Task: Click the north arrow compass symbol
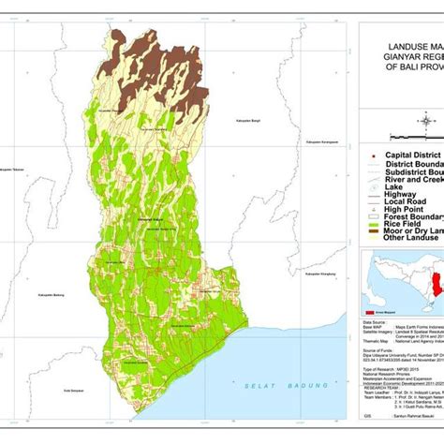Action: point(427,117)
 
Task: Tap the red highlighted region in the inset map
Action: point(436,294)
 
